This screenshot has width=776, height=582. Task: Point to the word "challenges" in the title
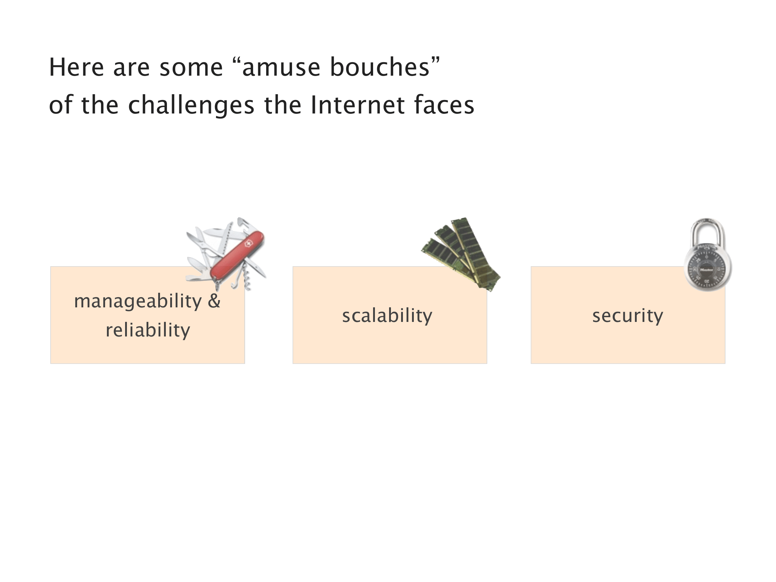(x=191, y=105)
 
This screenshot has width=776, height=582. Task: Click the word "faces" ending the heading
(x=444, y=105)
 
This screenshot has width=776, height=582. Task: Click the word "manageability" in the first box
(x=137, y=301)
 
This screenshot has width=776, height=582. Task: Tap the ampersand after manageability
(x=214, y=300)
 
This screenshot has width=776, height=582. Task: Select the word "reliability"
(x=148, y=330)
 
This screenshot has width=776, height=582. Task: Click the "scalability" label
(x=387, y=315)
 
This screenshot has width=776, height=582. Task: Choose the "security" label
(x=628, y=315)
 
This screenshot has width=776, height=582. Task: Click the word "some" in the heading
(x=191, y=68)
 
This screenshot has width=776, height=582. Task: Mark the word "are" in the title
(x=131, y=68)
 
